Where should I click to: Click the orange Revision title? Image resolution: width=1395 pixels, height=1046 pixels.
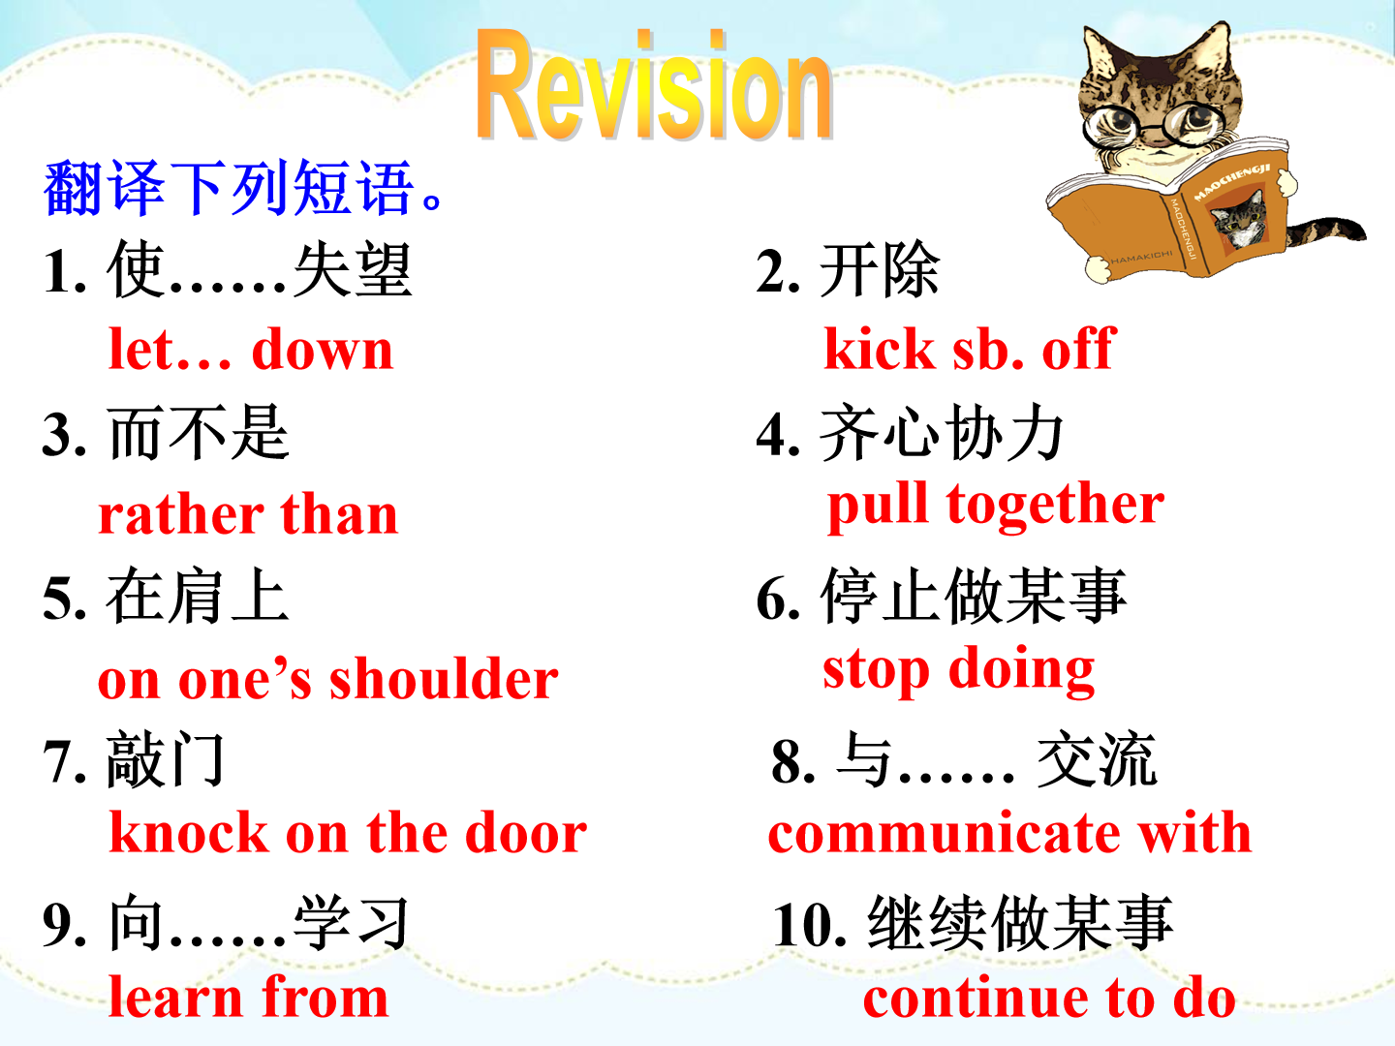pyautogui.click(x=654, y=84)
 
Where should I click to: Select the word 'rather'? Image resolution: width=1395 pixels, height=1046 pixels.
pyautogui.click(x=181, y=513)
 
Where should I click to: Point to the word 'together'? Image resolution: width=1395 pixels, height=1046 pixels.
pyautogui.click(x=1055, y=505)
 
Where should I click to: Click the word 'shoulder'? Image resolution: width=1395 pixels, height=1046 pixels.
pyautogui.click(x=444, y=677)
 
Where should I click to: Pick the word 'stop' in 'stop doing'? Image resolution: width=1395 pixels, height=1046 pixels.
pyautogui.click(x=877, y=669)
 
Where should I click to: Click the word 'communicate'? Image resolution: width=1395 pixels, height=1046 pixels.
pyautogui.click(x=944, y=833)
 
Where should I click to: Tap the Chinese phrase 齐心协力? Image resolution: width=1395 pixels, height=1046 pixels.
pyautogui.click(x=942, y=433)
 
